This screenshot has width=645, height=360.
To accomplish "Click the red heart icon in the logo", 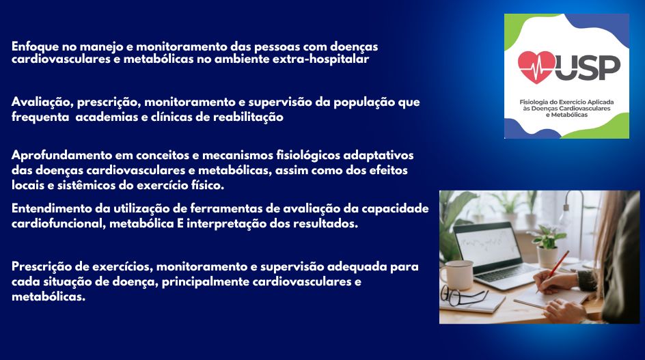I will pyautogui.click(x=537, y=66).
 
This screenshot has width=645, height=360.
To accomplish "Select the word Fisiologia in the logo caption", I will pyautogui.click(x=537, y=102).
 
